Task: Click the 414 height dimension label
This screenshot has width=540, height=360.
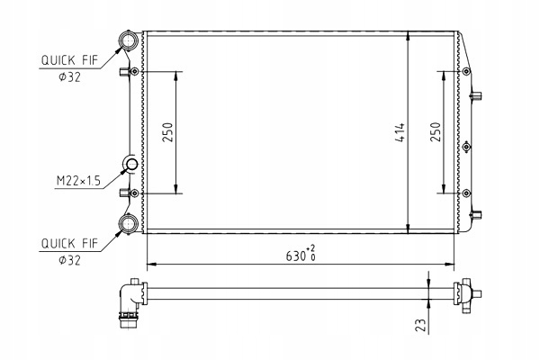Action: click(400, 132)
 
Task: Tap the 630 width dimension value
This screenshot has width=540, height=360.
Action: click(296, 256)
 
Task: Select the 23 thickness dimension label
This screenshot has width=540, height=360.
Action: click(420, 325)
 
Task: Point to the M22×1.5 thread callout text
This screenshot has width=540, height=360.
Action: click(78, 181)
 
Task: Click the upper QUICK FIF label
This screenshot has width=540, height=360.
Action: click(69, 60)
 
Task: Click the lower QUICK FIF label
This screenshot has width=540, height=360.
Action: click(69, 243)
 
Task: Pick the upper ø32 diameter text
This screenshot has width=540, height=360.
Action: click(69, 77)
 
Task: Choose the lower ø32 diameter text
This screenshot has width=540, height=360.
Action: click(69, 260)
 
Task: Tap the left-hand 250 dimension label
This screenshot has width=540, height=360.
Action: click(167, 132)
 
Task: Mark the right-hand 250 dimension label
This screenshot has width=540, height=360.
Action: click(436, 131)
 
